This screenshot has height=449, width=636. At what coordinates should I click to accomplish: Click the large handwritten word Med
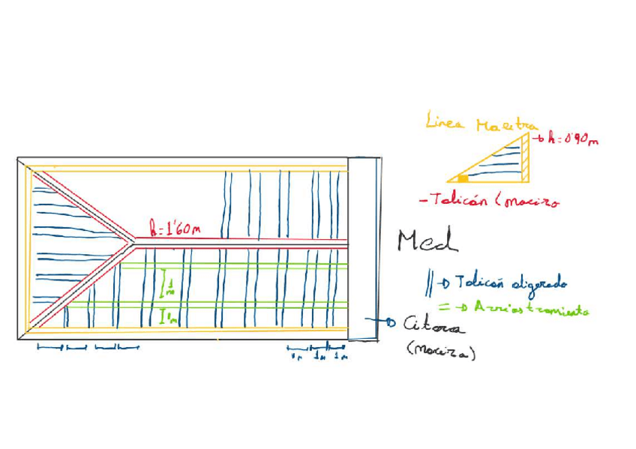[x=427, y=241]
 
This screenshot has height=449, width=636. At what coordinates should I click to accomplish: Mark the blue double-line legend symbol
[x=429, y=283]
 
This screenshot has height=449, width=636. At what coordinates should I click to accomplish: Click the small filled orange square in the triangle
[x=463, y=178]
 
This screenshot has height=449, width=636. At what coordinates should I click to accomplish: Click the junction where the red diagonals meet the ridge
[x=134, y=242]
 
